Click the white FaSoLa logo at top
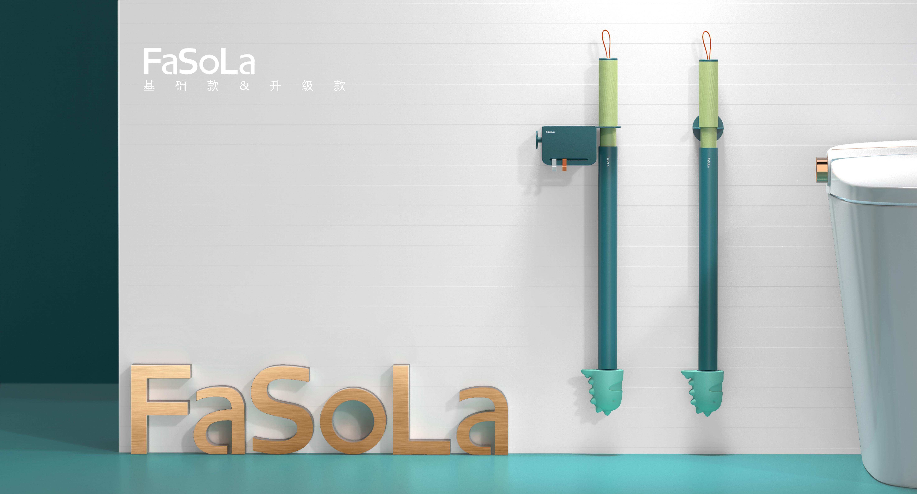(x=199, y=62)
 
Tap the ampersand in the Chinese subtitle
(x=244, y=85)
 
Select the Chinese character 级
(x=308, y=86)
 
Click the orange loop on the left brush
(x=606, y=43)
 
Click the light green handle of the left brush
(x=608, y=93)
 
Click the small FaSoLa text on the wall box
(x=550, y=132)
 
